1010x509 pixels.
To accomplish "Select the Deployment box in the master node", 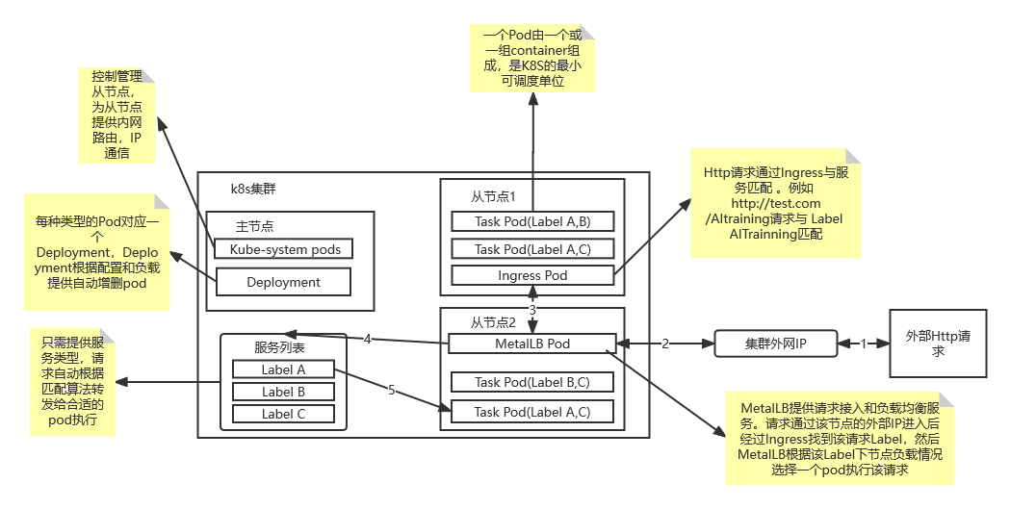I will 283,282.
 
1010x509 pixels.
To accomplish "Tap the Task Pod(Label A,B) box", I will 532,221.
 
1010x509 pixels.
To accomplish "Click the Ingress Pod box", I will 532,275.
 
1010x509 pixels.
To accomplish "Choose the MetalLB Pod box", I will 532,344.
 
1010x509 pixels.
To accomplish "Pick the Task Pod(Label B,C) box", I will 532,382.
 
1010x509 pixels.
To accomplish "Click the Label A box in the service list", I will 283,369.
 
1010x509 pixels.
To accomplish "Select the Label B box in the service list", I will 283,392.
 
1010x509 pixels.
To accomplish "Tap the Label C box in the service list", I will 283,415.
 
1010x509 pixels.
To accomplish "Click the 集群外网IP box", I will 776,344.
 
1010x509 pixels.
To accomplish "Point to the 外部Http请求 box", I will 938,344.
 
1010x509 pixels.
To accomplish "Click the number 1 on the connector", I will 863,344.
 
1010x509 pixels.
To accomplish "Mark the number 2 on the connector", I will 664,344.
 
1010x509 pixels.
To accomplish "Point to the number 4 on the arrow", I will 367,339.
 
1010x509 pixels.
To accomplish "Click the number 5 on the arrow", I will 391,390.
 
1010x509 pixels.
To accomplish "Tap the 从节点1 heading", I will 493,196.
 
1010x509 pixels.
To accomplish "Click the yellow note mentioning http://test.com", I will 775,203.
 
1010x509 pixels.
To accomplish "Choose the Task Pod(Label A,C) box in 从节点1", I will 532,249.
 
